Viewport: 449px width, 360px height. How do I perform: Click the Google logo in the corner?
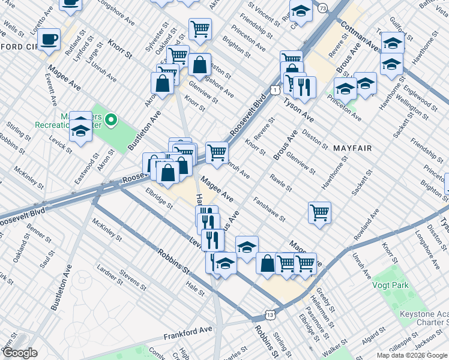pyautogui.click(x=20, y=353)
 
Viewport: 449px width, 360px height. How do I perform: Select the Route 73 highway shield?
pyautogui.click(x=323, y=8)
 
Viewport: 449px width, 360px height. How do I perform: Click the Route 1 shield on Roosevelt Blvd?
pyautogui.click(x=274, y=89)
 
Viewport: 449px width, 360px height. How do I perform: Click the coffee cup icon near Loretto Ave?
pyautogui.click(x=49, y=40)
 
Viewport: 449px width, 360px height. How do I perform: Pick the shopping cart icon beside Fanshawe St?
pyautogui.click(x=319, y=212)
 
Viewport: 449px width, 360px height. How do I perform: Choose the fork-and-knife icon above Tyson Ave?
pyautogui.click(x=304, y=86)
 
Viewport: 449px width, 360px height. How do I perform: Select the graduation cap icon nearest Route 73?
pyautogui.click(x=301, y=10)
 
